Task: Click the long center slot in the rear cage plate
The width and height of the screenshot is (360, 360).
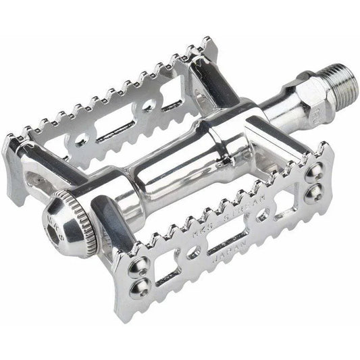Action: pyautogui.click(x=119, y=132)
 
